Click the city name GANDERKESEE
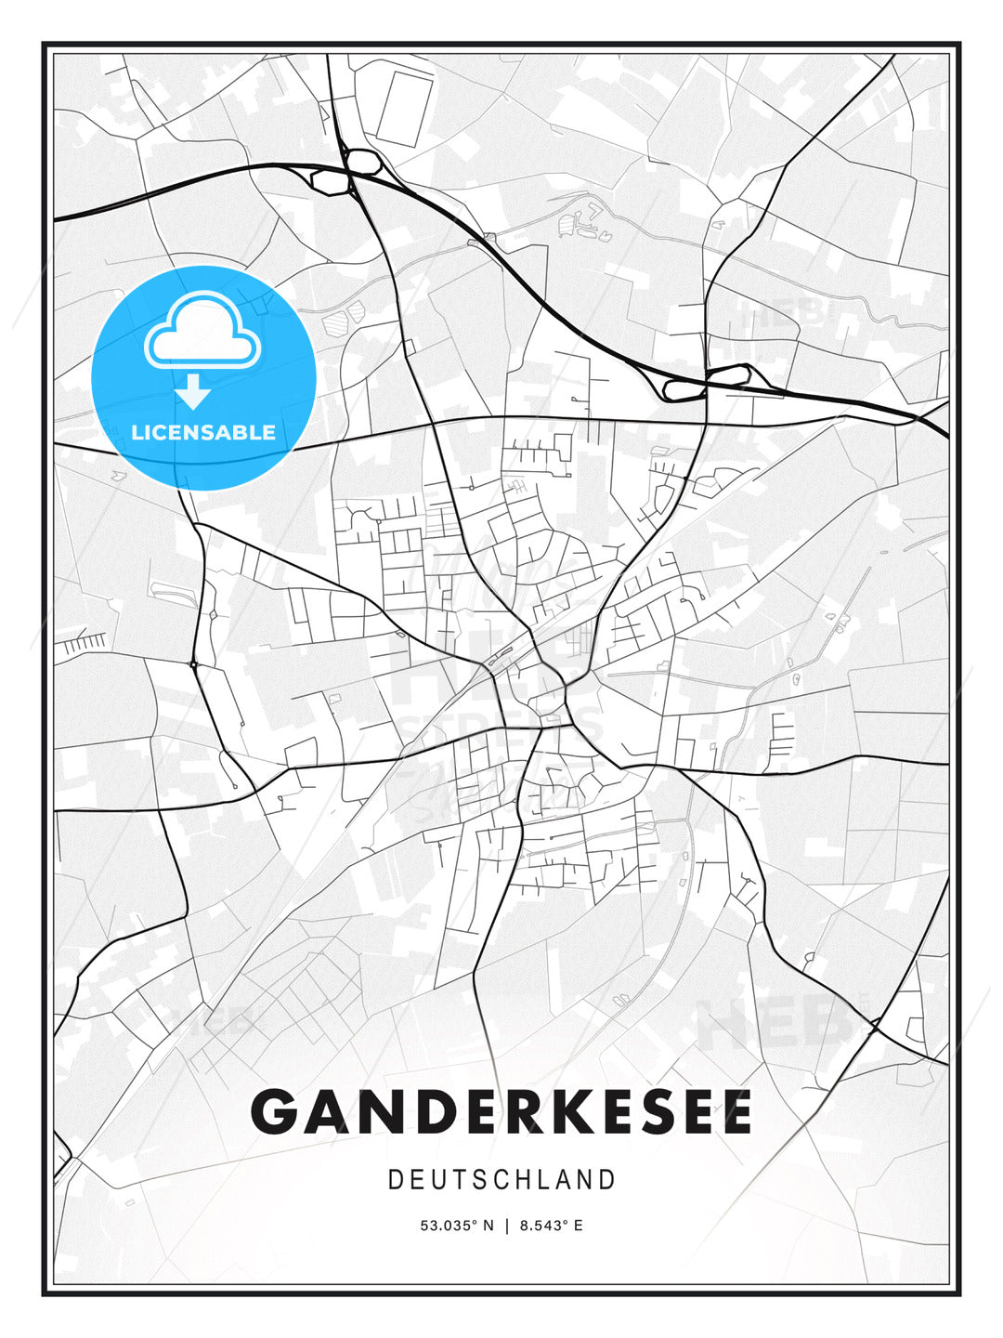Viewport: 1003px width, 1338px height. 501,1111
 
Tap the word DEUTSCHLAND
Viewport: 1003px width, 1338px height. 501,1180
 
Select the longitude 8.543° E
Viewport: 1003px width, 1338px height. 551,1226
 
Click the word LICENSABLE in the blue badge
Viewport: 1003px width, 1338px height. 203,432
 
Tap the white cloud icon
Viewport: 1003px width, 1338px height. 201,332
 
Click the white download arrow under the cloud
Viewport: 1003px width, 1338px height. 194,392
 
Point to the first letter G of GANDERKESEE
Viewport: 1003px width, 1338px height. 274,1111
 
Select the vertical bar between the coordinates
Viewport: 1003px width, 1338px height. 506,1226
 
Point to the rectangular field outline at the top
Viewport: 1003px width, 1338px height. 401,108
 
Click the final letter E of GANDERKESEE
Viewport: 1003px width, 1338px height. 735,1111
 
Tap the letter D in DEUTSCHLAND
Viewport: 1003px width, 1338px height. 395,1180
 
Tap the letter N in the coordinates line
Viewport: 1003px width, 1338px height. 489,1226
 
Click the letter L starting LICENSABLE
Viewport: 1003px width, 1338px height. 137,432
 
